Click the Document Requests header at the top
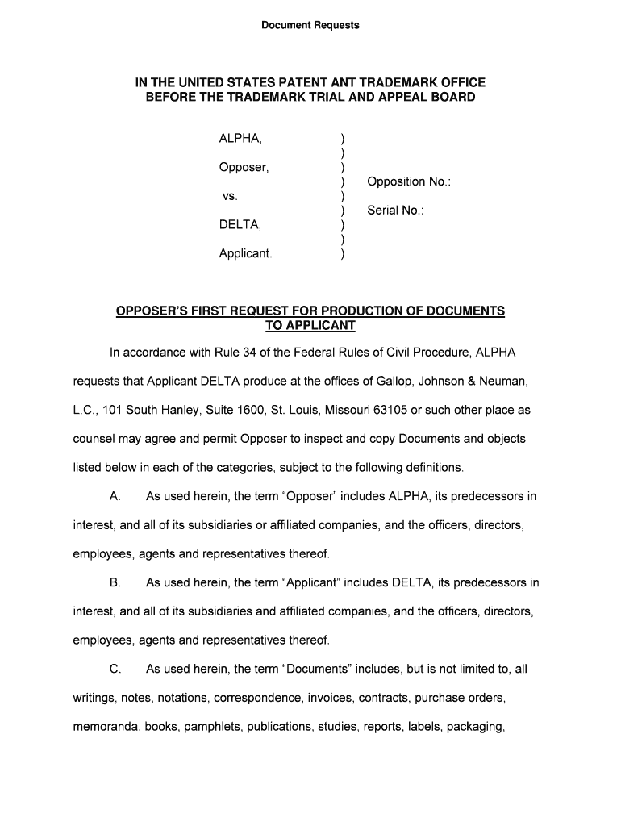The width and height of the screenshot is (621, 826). [310, 25]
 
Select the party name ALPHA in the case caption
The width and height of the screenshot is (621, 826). [240, 139]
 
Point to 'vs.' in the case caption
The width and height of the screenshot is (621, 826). [231, 196]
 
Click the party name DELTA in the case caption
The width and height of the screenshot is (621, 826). [240, 224]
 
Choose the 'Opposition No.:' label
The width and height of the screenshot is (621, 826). [408, 181]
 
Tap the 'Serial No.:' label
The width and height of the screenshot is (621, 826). [395, 211]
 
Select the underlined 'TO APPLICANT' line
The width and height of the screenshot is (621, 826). [310, 326]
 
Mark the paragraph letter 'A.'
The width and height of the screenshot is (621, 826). [115, 496]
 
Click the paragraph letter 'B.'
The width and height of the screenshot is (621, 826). [115, 582]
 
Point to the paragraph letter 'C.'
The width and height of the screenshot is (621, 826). [115, 669]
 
